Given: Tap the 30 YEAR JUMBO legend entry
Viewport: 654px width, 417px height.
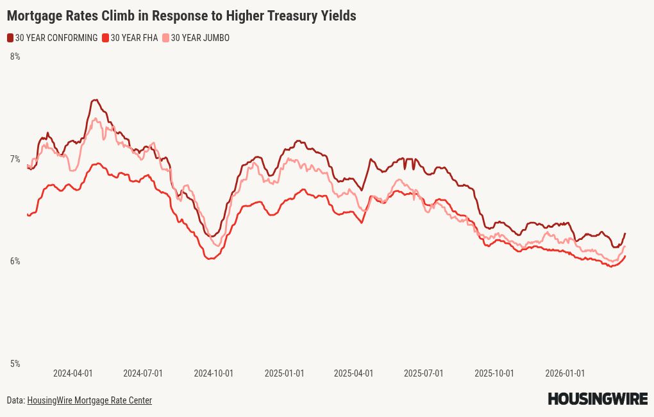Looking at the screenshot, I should click(x=199, y=38).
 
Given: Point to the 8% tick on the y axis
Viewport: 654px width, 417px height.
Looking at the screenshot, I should click(x=15, y=56).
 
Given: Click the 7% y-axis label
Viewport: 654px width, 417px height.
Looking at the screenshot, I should click(x=15, y=159).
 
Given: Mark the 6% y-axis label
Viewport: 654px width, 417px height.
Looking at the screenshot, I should click(x=15, y=261).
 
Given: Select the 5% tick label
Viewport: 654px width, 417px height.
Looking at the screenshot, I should click(x=15, y=364).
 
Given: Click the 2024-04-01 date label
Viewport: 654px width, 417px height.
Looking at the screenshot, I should click(x=72, y=373).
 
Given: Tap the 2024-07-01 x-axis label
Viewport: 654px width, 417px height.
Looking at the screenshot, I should click(x=143, y=373).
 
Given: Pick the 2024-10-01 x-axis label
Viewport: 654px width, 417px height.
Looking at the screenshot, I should click(x=214, y=373).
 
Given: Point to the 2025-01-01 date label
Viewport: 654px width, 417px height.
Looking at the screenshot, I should click(x=284, y=373).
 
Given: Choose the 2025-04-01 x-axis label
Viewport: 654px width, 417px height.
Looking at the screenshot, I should click(x=353, y=373).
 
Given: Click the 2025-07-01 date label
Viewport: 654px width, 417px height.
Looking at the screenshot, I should click(x=423, y=373).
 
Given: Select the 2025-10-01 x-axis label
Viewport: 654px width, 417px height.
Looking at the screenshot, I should click(x=494, y=373).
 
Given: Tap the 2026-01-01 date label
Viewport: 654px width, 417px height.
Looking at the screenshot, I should click(x=564, y=373).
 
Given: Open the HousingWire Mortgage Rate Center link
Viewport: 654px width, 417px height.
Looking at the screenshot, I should click(x=89, y=400).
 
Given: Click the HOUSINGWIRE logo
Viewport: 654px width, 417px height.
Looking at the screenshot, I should click(x=598, y=399).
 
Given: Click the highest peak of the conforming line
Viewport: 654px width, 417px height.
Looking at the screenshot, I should click(x=95, y=100).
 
